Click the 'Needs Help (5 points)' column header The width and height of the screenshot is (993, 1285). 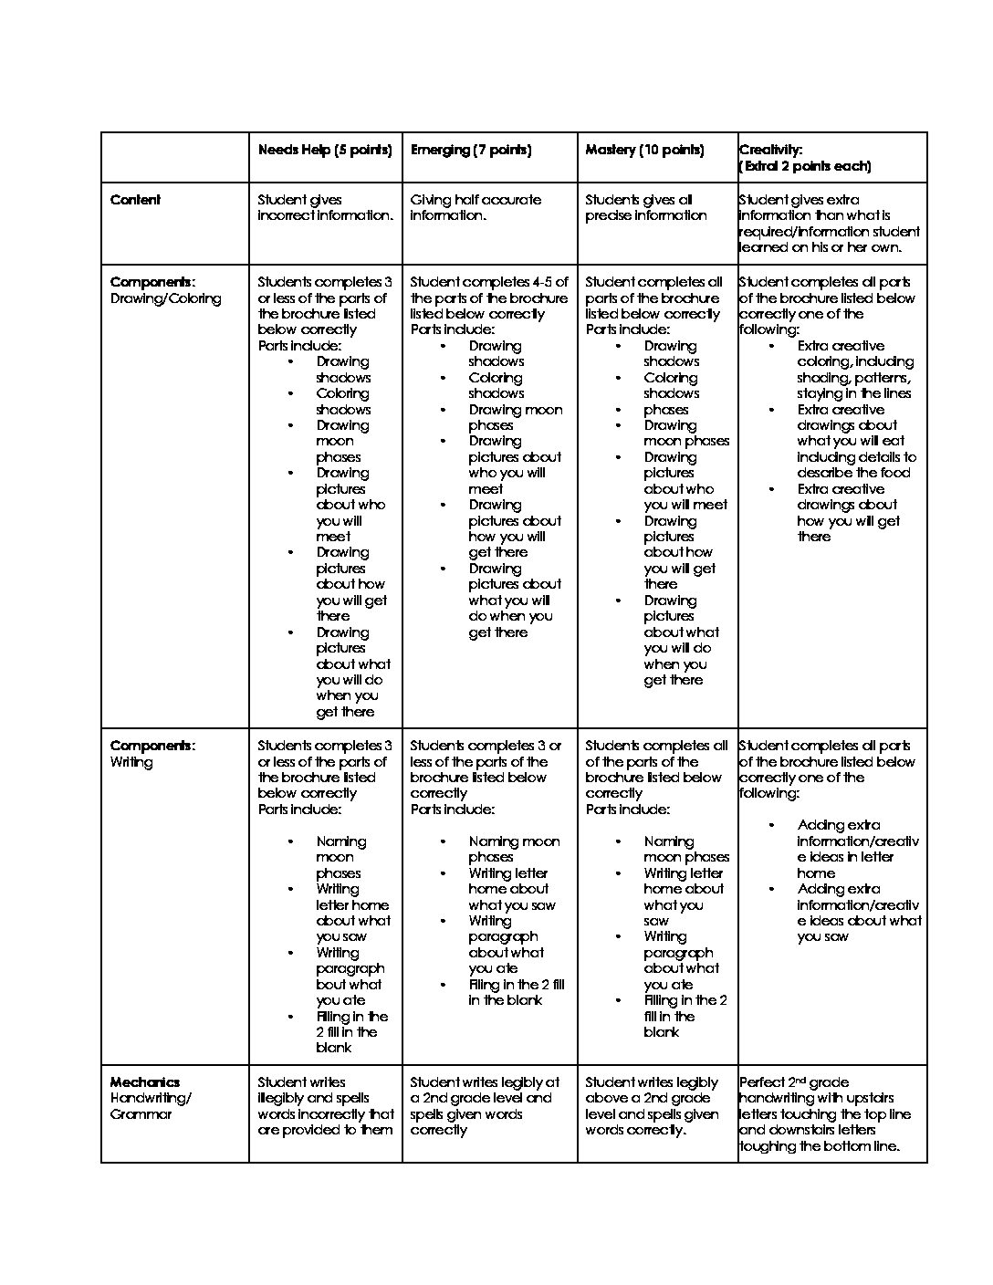pyautogui.click(x=325, y=150)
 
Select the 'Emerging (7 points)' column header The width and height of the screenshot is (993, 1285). pyautogui.click(x=471, y=150)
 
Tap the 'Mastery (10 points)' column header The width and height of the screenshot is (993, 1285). pyautogui.click(x=644, y=150)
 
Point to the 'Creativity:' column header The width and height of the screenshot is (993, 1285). pyautogui.click(x=771, y=150)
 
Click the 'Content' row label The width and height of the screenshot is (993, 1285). pyautogui.click(x=135, y=200)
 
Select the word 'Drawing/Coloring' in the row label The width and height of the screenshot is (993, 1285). pyautogui.click(x=165, y=298)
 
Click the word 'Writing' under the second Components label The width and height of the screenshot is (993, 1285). pyautogui.click(x=131, y=762)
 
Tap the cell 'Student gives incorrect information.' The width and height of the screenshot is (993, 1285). pyautogui.click(x=325, y=208)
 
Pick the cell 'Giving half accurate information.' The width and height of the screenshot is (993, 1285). pyautogui.click(x=476, y=208)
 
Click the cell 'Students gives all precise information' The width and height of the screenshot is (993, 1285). pyautogui.click(x=645, y=208)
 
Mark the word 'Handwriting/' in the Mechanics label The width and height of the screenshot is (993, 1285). pyautogui.click(x=151, y=1098)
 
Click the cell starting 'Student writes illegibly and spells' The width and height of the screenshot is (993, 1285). pyautogui.click(x=326, y=1106)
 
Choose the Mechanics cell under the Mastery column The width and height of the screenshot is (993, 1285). pyautogui.click(x=653, y=1106)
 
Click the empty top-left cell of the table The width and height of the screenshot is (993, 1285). pyautogui.click(x=174, y=157)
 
